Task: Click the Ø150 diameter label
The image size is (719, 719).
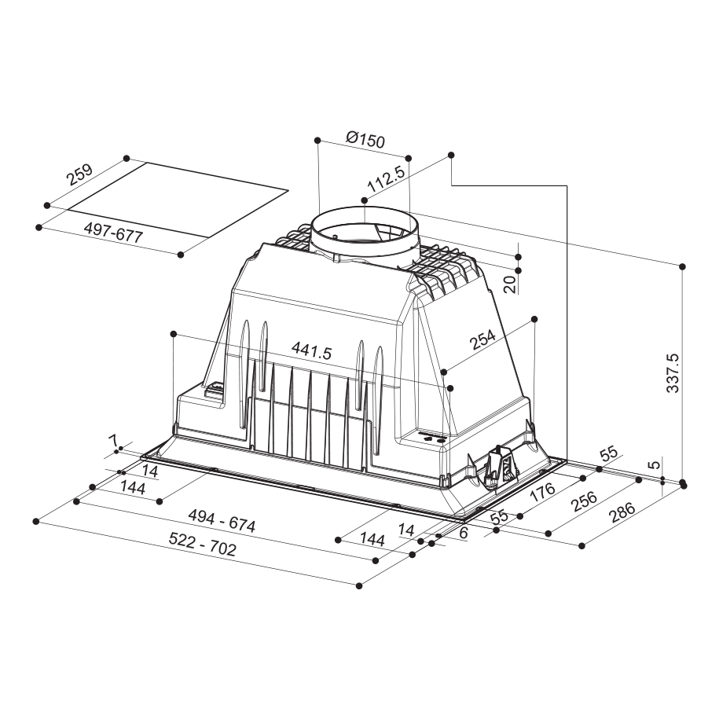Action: click(x=365, y=139)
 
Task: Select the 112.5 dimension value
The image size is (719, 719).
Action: click(x=386, y=179)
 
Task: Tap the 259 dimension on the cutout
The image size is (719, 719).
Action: click(x=79, y=174)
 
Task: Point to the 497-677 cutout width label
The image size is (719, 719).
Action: click(x=113, y=233)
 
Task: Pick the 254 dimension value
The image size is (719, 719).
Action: click(x=482, y=339)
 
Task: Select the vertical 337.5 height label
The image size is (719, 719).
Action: click(x=673, y=372)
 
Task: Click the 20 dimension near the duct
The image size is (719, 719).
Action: click(x=509, y=285)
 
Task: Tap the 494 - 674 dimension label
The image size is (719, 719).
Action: click(x=222, y=521)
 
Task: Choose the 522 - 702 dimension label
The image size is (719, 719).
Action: click(x=202, y=544)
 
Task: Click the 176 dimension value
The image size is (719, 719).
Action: click(x=542, y=493)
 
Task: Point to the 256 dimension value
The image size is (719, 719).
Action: click(x=584, y=501)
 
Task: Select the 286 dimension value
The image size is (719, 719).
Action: click(x=622, y=512)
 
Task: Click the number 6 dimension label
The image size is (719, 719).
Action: click(x=463, y=532)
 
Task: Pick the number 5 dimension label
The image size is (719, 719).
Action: click(x=655, y=464)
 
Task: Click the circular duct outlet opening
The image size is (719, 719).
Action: click(x=365, y=232)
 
